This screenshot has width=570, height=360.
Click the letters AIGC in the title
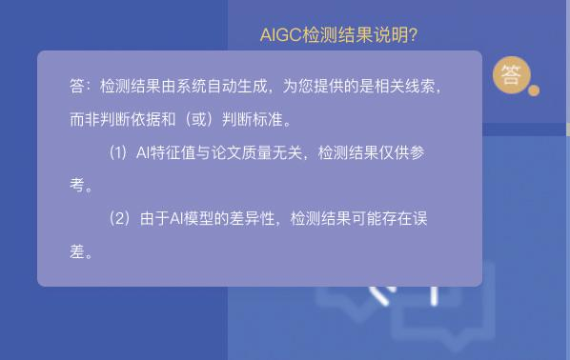280,35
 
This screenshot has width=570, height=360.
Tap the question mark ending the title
413,35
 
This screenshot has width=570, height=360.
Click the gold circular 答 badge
512,74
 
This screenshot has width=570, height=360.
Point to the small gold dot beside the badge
534,90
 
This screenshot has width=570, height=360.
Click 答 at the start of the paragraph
77,87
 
